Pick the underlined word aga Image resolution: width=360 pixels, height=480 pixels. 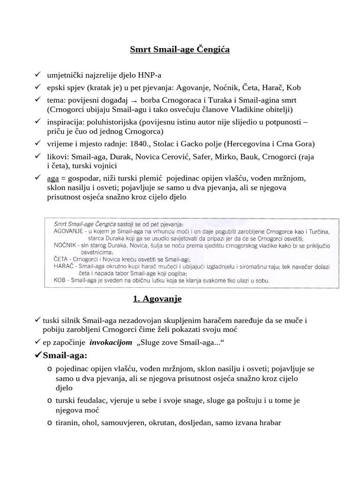(x=53, y=179)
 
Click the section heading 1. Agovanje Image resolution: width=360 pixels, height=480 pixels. (x=154, y=299)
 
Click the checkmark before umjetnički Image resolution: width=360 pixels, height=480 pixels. (x=37, y=75)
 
